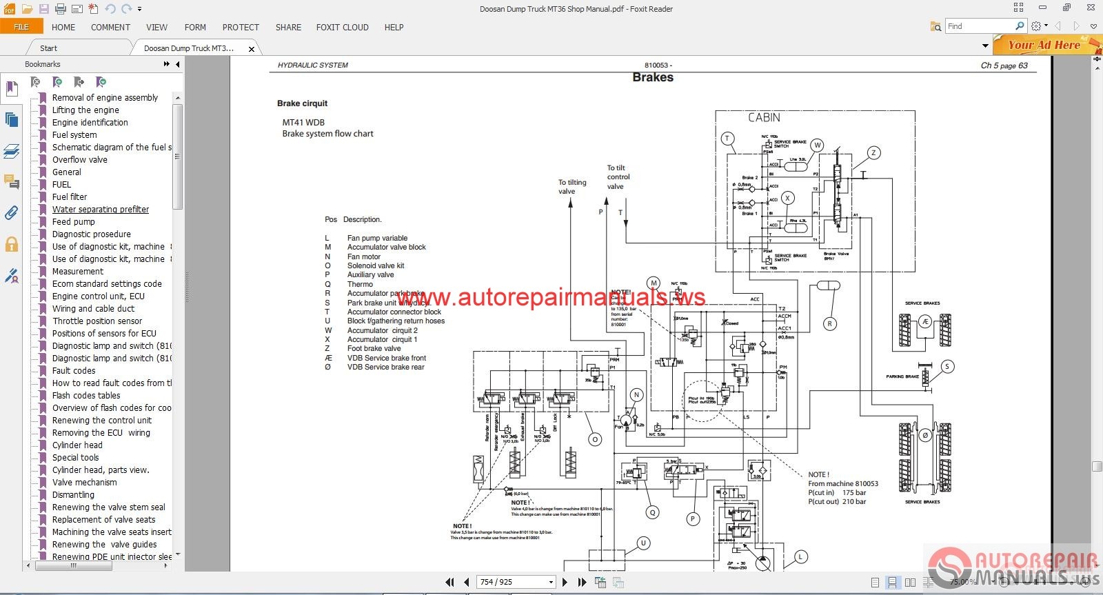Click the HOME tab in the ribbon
(x=63, y=28)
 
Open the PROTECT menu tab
(x=241, y=28)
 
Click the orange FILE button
(x=21, y=27)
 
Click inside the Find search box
(x=979, y=26)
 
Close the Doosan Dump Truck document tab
(x=252, y=49)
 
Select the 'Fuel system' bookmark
(x=74, y=135)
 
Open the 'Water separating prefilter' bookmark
(x=101, y=210)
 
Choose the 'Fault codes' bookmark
(x=74, y=371)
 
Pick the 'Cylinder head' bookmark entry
(x=77, y=445)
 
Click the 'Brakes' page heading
(x=653, y=77)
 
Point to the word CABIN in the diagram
(x=764, y=118)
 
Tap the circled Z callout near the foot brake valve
(x=873, y=153)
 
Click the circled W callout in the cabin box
(x=817, y=145)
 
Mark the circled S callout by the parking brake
(x=947, y=366)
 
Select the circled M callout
(x=654, y=283)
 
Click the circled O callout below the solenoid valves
(x=595, y=439)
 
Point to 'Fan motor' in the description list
(x=364, y=256)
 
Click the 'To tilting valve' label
(x=572, y=187)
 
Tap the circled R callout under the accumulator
(x=830, y=323)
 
